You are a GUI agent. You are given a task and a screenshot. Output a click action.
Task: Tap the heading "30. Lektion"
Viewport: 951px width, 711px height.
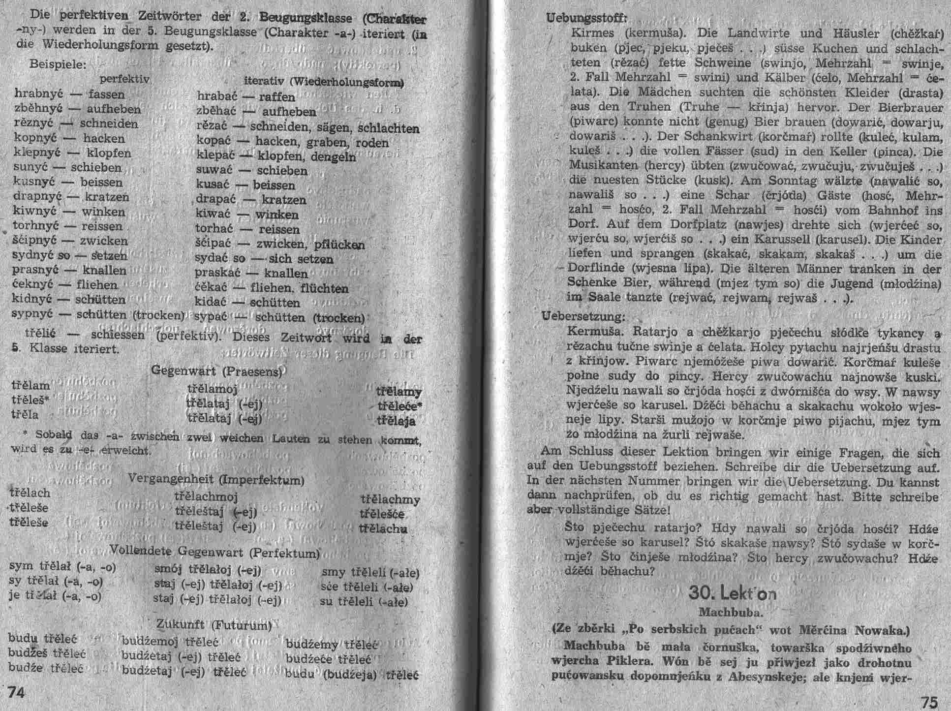click(733, 593)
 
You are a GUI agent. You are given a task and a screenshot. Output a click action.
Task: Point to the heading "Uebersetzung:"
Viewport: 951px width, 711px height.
click(583, 316)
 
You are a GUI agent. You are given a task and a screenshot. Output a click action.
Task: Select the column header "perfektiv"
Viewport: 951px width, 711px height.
click(124, 79)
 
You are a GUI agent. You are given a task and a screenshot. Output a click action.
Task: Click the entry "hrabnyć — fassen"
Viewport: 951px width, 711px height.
click(70, 93)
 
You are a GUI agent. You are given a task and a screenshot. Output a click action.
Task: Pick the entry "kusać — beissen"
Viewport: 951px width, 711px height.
click(245, 185)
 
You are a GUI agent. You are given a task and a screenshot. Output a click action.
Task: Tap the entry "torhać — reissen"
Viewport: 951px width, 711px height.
click(247, 229)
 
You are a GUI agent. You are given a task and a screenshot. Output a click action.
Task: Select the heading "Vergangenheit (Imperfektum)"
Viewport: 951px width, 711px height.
click(216, 479)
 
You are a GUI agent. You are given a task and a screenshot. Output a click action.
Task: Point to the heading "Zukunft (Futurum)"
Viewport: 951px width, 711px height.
click(214, 625)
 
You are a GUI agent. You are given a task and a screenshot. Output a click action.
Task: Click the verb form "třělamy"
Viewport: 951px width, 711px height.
click(399, 392)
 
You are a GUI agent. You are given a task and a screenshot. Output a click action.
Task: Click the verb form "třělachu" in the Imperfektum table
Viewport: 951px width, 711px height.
click(383, 528)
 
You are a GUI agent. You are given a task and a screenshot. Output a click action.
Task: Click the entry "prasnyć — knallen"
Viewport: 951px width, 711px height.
click(69, 270)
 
